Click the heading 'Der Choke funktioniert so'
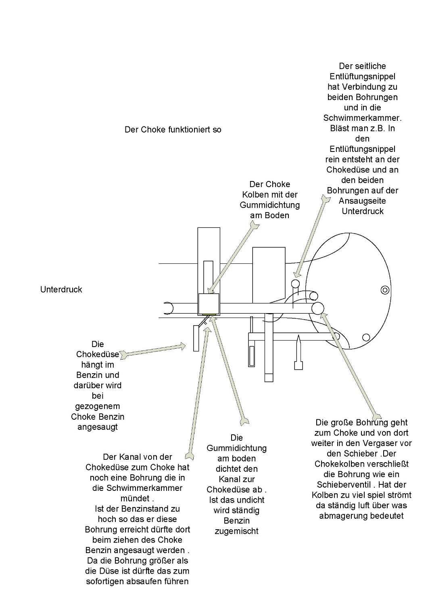click(173, 130)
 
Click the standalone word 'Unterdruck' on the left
click(61, 289)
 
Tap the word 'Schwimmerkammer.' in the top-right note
click(362, 118)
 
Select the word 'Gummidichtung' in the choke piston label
click(269, 205)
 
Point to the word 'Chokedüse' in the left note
click(98, 354)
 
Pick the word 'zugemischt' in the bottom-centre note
click(236, 531)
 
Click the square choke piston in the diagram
click(209, 303)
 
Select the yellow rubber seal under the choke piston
click(209, 314)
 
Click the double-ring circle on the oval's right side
click(385, 289)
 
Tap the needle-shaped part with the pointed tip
click(298, 351)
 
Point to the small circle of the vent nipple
click(296, 283)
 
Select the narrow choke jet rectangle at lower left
click(196, 338)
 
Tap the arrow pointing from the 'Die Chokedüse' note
click(153, 350)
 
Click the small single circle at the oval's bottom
click(366, 337)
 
